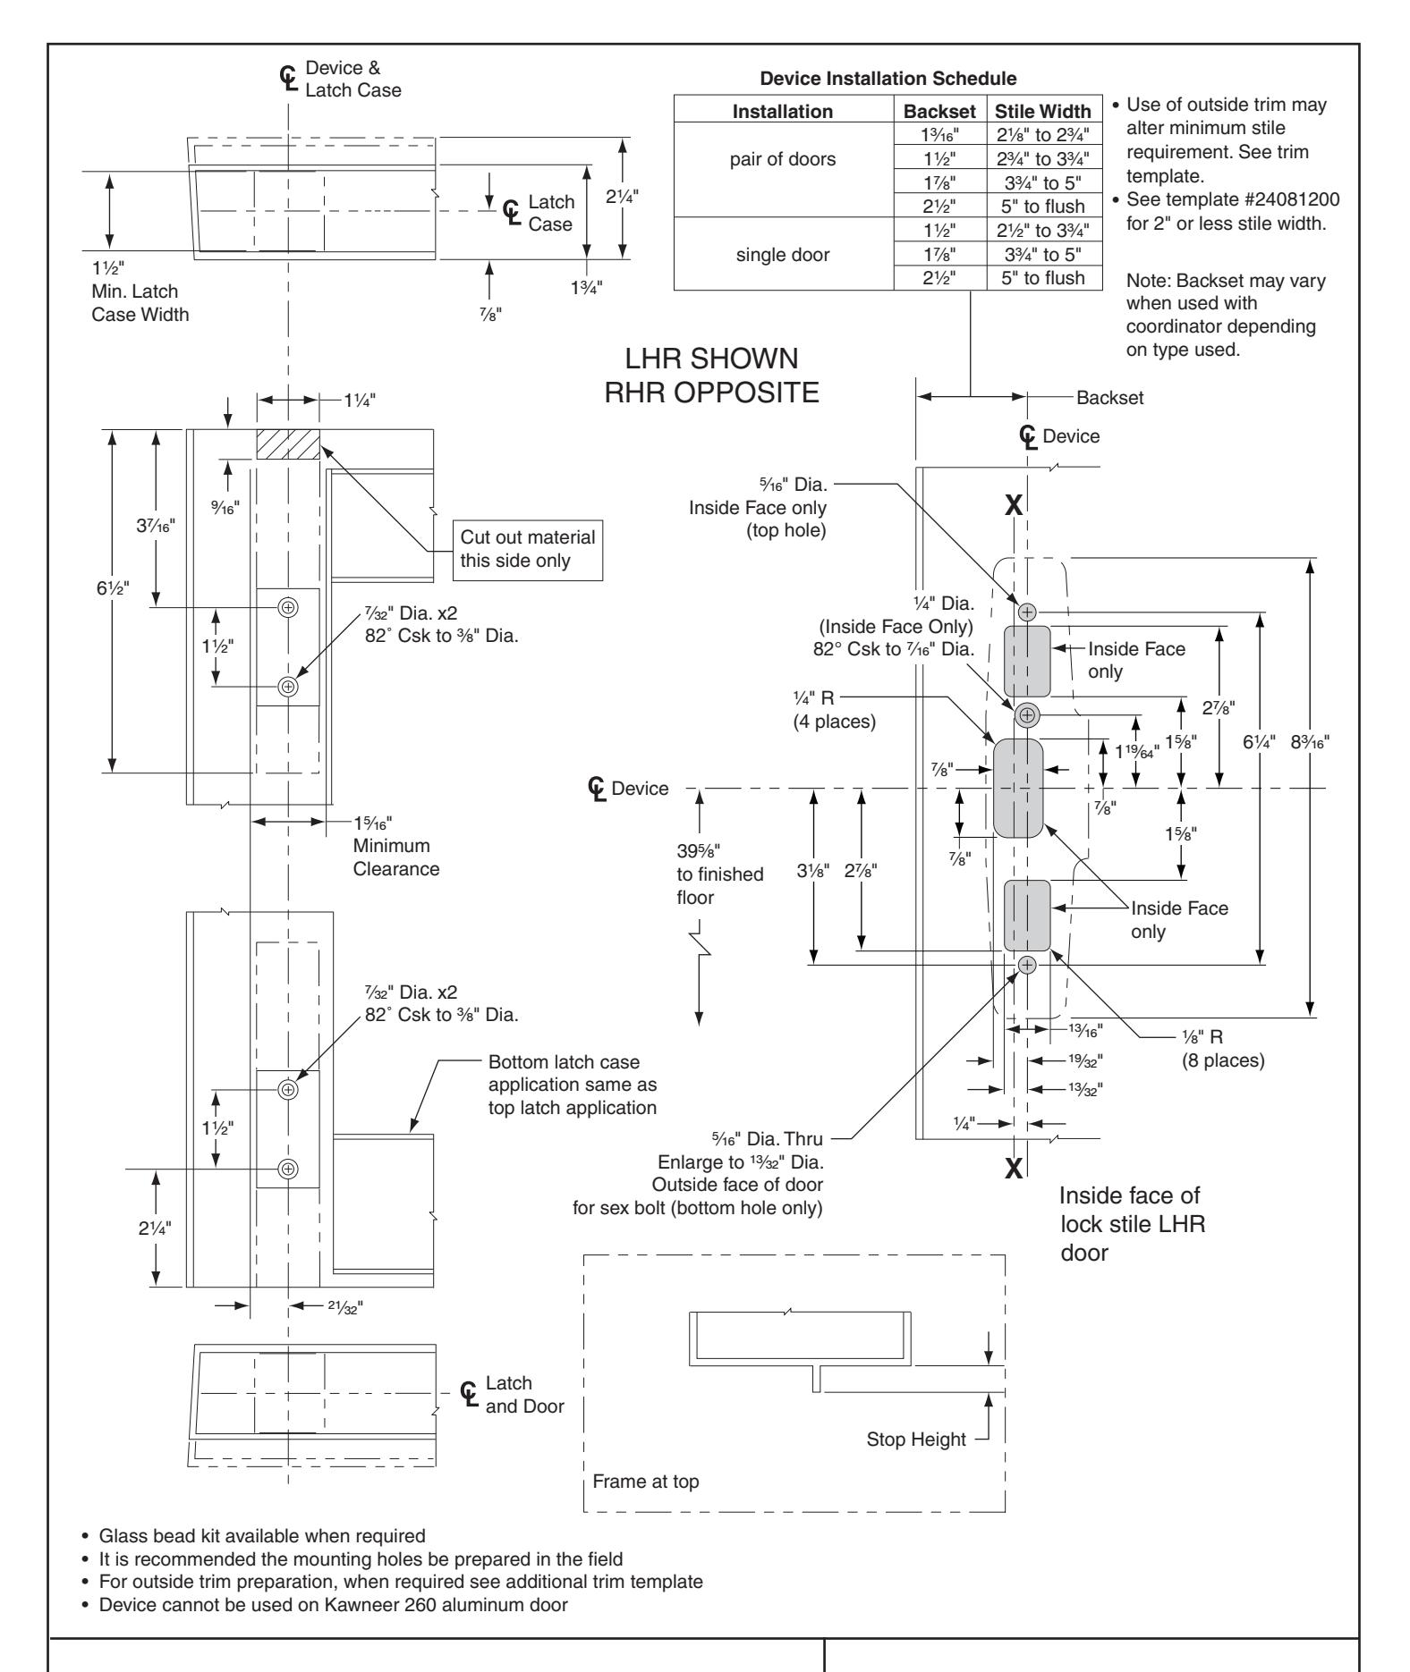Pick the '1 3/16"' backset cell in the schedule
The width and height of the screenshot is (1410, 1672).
tap(939, 132)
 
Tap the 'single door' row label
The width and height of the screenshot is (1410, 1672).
tap(783, 255)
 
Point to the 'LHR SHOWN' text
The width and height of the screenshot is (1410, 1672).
tap(713, 361)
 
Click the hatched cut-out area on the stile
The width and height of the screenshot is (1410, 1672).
tap(288, 444)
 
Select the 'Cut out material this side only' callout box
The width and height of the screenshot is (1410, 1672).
tap(527, 549)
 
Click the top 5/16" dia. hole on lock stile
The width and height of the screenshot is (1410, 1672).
tap(1027, 612)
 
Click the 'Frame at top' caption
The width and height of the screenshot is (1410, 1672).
tap(646, 1482)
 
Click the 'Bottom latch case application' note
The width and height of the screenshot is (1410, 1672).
tap(573, 1085)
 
